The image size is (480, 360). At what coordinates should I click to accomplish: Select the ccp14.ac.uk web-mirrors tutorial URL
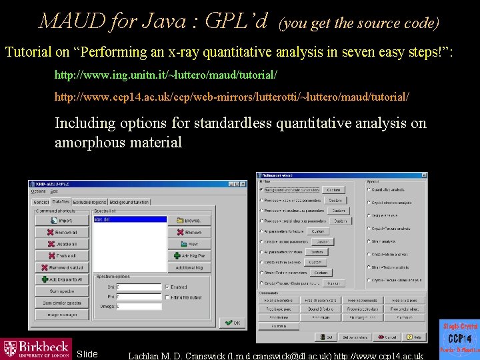pyautogui.click(x=231, y=97)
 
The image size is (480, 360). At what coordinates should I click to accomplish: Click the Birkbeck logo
pyautogui.click(x=37, y=349)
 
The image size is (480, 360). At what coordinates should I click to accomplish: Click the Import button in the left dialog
pyautogui.click(x=62, y=220)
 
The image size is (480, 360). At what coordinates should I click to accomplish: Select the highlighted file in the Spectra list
pyautogui.click(x=130, y=219)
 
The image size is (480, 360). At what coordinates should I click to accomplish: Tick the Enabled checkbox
pyautogui.click(x=167, y=287)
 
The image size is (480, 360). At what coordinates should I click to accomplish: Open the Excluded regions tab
pyautogui.click(x=89, y=201)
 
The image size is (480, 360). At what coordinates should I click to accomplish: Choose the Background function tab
pyautogui.click(x=130, y=201)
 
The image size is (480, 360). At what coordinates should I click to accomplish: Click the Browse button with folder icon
pyautogui.click(x=189, y=220)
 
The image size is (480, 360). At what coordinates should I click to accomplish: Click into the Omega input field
pyautogui.click(x=139, y=307)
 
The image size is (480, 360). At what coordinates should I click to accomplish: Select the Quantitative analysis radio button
pyautogui.click(x=369, y=190)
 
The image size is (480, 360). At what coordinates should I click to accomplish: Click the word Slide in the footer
pyautogui.click(x=87, y=354)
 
